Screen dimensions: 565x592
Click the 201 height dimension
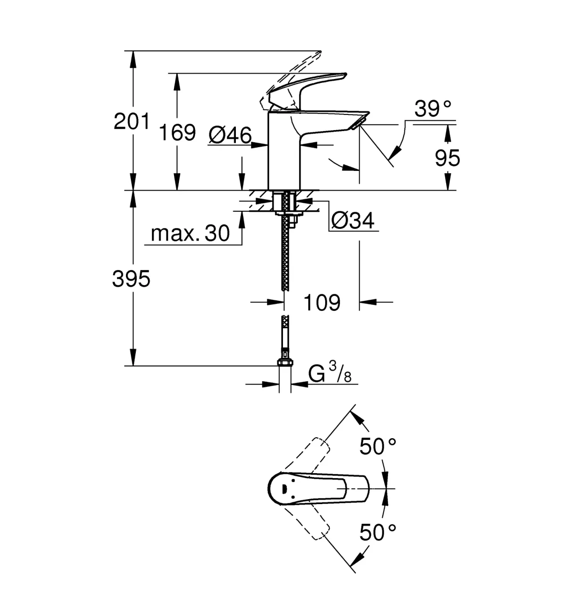[x=132, y=121]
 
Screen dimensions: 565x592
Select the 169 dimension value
[x=178, y=132]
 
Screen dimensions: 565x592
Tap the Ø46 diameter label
[x=230, y=135]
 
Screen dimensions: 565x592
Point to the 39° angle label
[x=433, y=109]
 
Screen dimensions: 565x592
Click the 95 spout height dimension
[x=448, y=158]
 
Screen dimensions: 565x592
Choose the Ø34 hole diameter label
[x=352, y=220]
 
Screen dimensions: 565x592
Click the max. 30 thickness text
[x=190, y=233]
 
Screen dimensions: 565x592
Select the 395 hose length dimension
[x=131, y=279]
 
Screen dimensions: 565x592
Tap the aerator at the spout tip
[x=358, y=124]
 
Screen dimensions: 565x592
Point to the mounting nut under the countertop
[x=287, y=214]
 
